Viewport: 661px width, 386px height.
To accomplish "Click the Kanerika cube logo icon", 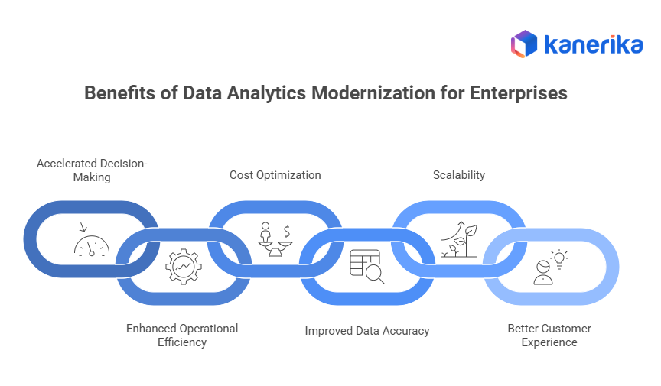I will [524, 44].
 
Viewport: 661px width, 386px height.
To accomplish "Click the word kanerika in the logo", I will [593, 44].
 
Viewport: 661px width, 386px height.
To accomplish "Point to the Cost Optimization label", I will [275, 175].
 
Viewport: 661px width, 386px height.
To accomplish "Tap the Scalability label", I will [459, 175].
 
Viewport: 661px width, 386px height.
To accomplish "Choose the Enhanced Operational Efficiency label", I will [182, 335].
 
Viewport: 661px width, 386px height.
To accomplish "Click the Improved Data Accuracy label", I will [367, 331].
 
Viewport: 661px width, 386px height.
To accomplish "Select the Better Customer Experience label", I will [549, 335].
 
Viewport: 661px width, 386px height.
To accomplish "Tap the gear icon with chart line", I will [184, 266].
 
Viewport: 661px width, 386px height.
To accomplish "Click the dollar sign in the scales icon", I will [286, 231].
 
